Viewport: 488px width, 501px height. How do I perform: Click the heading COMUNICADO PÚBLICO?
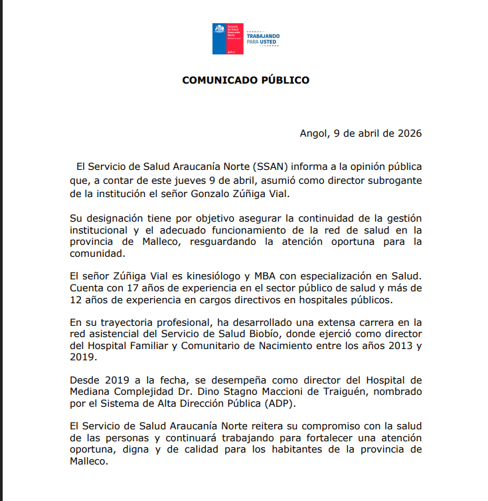246,80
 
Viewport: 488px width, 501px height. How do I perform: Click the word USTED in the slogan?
268,42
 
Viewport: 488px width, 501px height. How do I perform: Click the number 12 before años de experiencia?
77,301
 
